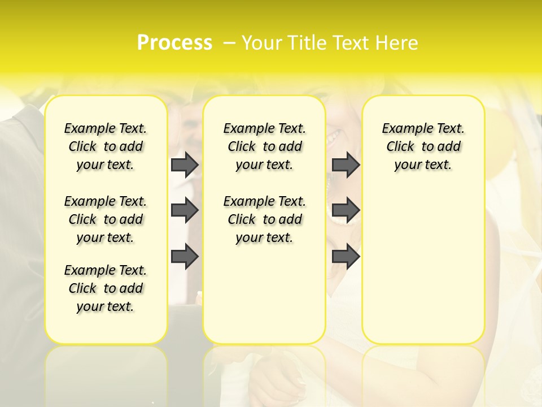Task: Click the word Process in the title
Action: pos(174,43)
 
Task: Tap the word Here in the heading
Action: pos(397,43)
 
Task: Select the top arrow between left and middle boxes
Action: pos(185,165)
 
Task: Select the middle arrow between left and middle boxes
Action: pos(185,211)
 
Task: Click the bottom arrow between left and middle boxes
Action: pos(185,256)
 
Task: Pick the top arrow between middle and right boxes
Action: pos(346,165)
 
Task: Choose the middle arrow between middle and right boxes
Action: pos(346,211)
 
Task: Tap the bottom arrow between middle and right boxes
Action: pos(346,256)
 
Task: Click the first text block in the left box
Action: pos(106,146)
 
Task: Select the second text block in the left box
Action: pos(106,219)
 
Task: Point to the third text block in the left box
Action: pos(106,288)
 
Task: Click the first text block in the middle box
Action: pos(264,146)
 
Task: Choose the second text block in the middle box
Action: pos(264,219)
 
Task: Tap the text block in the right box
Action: pos(423,146)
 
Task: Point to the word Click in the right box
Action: pos(400,147)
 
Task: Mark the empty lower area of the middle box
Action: pos(264,294)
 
